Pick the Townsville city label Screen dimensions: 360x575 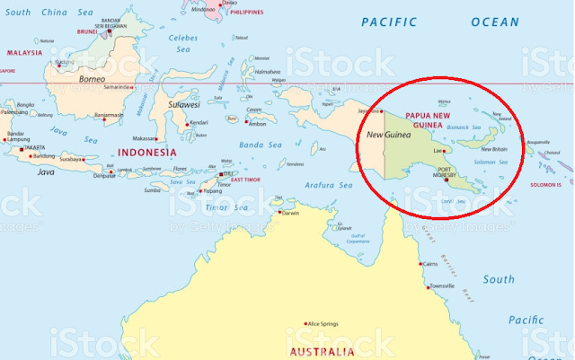(x=443, y=285)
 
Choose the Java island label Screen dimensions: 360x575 (x=47, y=171)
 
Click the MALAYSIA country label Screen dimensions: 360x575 (x=24, y=52)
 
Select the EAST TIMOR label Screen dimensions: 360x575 (x=245, y=180)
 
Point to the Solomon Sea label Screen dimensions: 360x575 (x=491, y=162)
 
